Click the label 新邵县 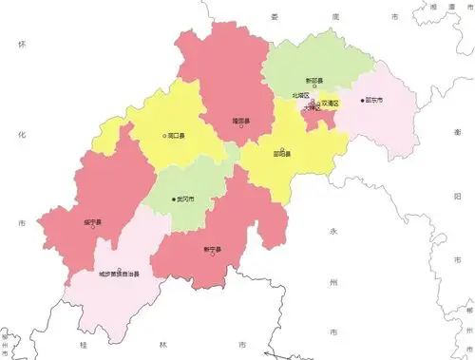[x=313, y=81]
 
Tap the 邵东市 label [x=373, y=100]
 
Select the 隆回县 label [x=241, y=120]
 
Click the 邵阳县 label [x=281, y=152]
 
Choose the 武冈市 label [x=187, y=199]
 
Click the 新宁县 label [x=212, y=250]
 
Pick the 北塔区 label [x=300, y=96]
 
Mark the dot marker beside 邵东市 [x=362, y=100]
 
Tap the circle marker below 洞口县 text [x=164, y=136]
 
